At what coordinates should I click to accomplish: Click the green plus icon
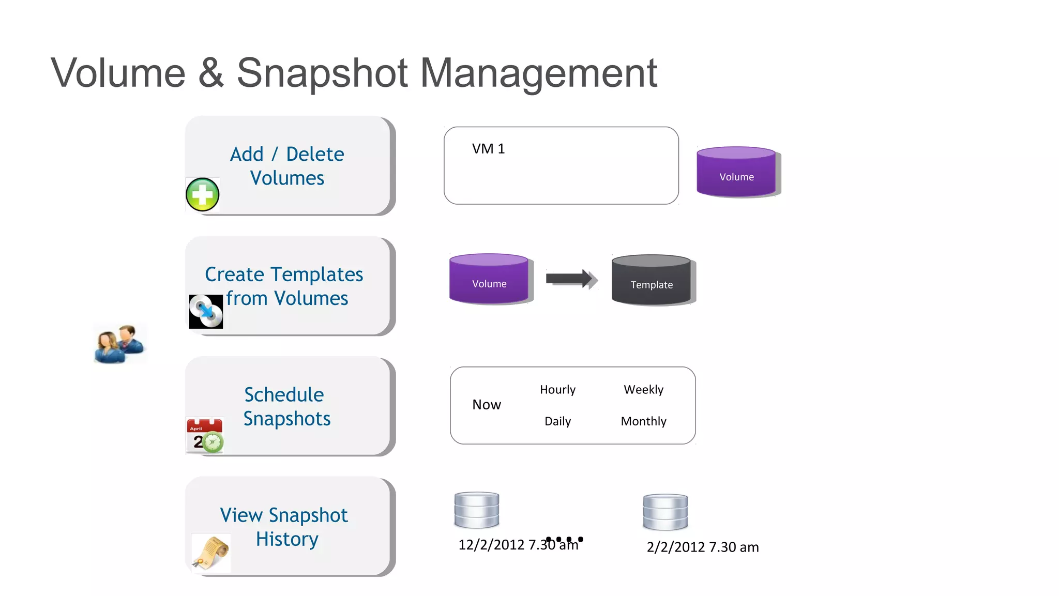click(203, 195)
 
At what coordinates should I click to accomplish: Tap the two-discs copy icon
click(206, 311)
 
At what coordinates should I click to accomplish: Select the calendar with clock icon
click(205, 436)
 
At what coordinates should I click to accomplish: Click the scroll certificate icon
click(211, 553)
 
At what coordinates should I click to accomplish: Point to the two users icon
click(120, 344)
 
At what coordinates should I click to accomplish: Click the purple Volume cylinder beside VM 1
click(736, 172)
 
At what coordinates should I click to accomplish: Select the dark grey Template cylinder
click(651, 280)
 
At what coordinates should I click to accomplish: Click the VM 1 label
click(488, 149)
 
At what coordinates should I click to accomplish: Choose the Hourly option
click(557, 390)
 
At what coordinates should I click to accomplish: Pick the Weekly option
click(643, 390)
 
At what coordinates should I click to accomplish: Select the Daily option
click(557, 421)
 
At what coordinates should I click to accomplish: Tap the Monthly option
click(643, 421)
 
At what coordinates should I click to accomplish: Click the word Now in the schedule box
click(487, 405)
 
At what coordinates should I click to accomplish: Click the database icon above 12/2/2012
click(477, 510)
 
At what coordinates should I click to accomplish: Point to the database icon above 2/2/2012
click(665, 512)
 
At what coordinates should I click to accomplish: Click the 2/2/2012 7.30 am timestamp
click(703, 547)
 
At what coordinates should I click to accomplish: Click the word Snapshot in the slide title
click(322, 73)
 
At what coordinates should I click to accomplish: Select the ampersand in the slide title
click(211, 73)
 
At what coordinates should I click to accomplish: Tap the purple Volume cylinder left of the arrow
click(489, 279)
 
